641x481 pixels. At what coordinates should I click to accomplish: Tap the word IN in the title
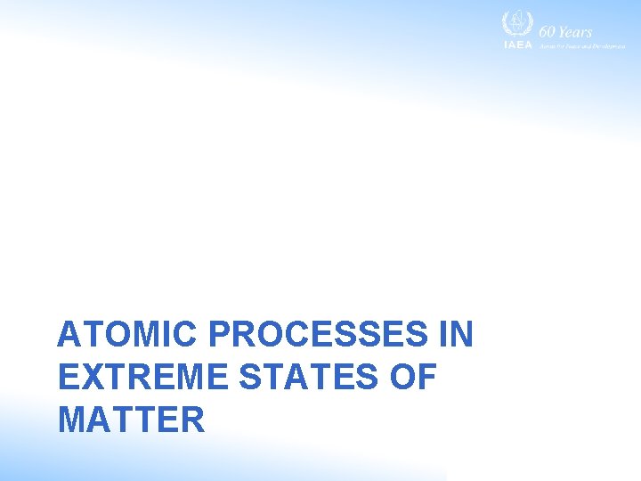456,335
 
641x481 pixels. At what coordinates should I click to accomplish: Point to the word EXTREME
142,378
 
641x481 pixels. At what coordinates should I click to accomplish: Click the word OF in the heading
414,378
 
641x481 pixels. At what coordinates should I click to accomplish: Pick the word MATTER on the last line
131,420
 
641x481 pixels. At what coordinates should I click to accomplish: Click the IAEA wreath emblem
517,24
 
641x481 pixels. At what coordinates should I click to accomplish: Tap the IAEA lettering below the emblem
517,45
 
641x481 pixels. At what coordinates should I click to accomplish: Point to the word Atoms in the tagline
546,45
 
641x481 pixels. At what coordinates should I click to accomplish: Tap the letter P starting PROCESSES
221,335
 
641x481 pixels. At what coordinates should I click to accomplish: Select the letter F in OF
428,378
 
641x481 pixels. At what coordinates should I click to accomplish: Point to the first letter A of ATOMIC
67,335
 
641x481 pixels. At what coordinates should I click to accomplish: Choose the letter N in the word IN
463,335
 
